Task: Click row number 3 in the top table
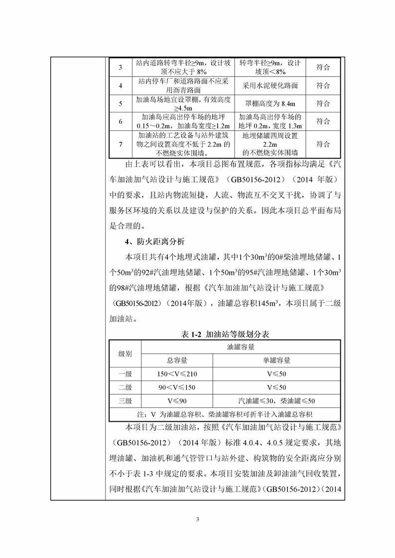(121, 68)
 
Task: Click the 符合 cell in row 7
(323, 144)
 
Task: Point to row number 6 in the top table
(121, 122)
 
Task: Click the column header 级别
(125, 354)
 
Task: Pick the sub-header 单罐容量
(276, 361)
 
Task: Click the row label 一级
(125, 374)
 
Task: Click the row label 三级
(125, 401)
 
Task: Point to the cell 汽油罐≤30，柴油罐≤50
(276, 401)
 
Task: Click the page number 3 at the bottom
(198, 520)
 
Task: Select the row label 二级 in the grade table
(125, 387)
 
